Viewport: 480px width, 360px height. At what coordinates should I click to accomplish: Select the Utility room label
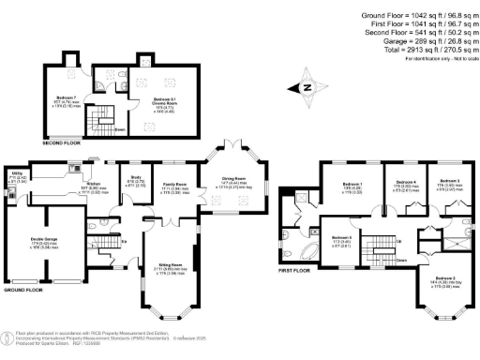(17, 173)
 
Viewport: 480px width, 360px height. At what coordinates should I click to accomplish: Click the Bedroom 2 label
(445, 279)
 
